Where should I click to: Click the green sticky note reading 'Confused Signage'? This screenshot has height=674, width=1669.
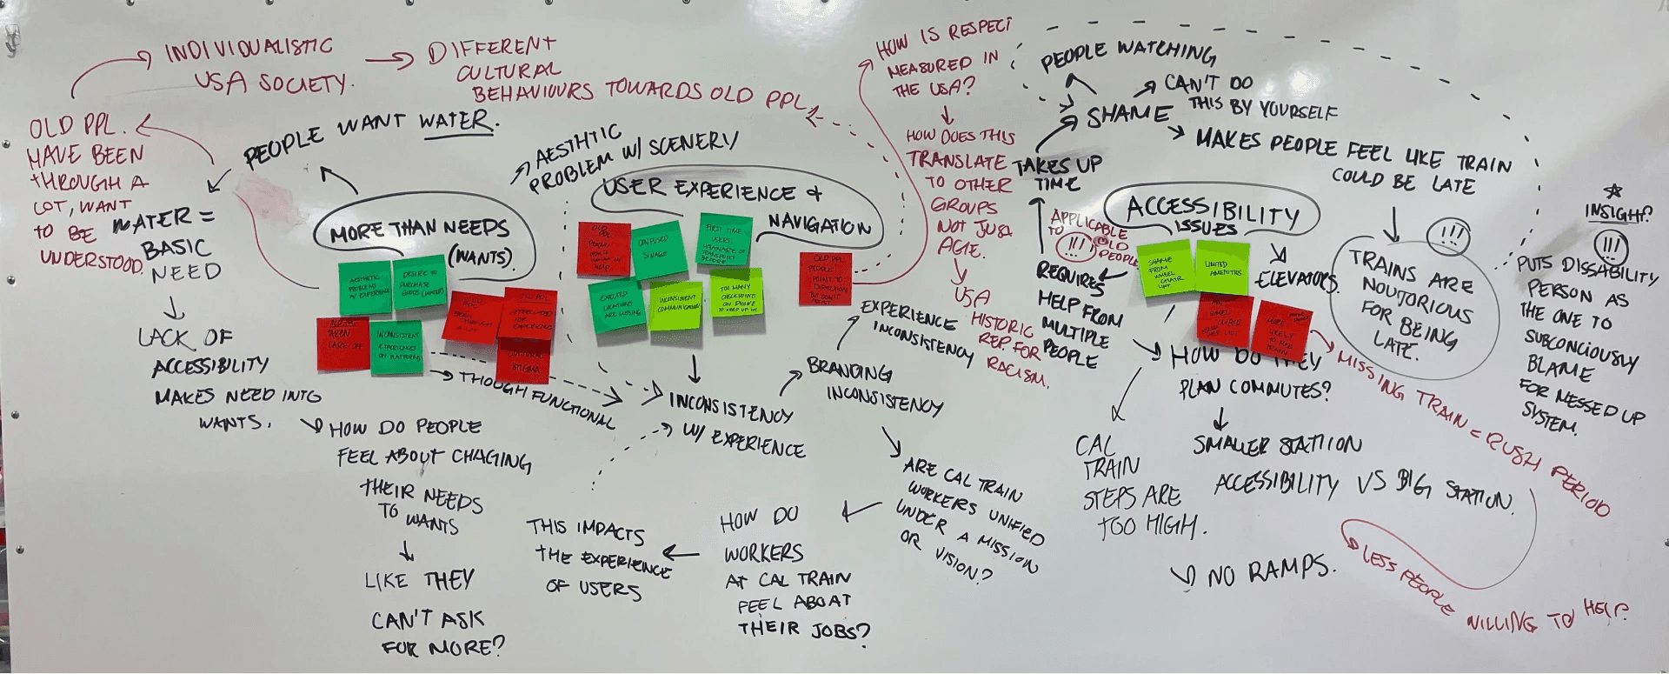(659, 250)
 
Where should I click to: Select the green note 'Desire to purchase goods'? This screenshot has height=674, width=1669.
(420, 282)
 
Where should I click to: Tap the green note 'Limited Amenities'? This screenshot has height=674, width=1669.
(1223, 266)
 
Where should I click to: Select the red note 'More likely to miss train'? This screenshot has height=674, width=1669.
(1284, 328)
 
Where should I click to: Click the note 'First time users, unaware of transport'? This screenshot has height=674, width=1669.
(725, 239)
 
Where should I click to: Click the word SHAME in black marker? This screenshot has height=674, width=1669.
(1127, 116)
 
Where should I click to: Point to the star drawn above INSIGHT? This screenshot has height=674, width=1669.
(1614, 190)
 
